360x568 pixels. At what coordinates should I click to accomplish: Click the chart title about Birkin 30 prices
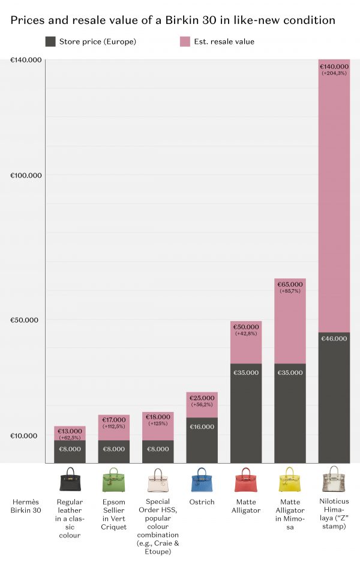point(172,20)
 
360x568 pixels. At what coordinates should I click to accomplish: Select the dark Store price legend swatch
point(50,41)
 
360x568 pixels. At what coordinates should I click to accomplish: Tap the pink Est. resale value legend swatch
point(185,41)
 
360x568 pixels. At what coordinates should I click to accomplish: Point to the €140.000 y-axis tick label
point(25,60)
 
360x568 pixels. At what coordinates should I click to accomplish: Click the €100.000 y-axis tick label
point(25,175)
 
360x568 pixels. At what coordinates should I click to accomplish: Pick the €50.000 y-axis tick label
point(25,320)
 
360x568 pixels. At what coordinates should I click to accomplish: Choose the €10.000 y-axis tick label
point(25,435)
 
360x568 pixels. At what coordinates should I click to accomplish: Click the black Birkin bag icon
point(70,480)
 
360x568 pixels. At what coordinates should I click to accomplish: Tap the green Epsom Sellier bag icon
point(113,480)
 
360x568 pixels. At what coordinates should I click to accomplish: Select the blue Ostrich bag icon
point(202,480)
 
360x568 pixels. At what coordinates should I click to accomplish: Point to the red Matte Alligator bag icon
point(246,480)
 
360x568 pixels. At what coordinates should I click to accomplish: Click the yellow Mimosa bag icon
point(290,480)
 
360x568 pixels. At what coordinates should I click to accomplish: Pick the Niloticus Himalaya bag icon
point(334,480)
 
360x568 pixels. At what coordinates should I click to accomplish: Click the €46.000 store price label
point(334,339)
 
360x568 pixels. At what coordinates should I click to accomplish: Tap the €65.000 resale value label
point(290,284)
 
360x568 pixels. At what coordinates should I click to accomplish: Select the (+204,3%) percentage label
point(334,73)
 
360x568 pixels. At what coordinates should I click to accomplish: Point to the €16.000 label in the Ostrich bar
point(202,427)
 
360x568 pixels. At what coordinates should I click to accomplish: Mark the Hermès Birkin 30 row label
point(26,506)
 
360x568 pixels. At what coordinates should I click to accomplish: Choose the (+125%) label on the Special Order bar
point(158,423)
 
